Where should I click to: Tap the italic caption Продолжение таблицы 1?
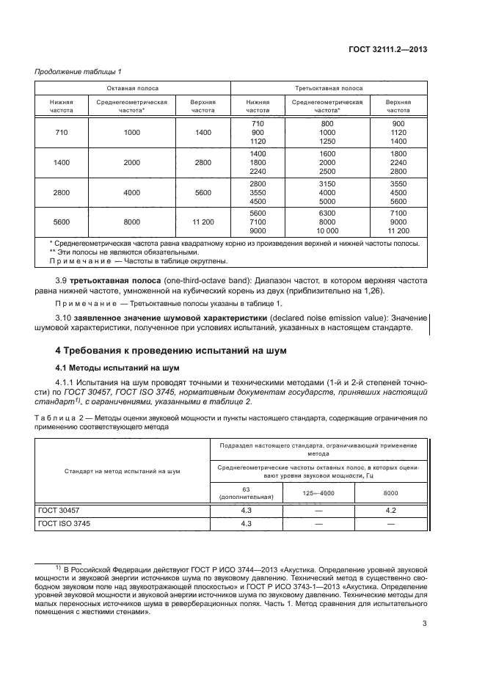(78, 71)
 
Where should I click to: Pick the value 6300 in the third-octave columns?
(327, 213)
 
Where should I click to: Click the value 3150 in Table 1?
(327, 183)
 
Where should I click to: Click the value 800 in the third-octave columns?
(327, 123)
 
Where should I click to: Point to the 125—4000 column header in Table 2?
(318, 493)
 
